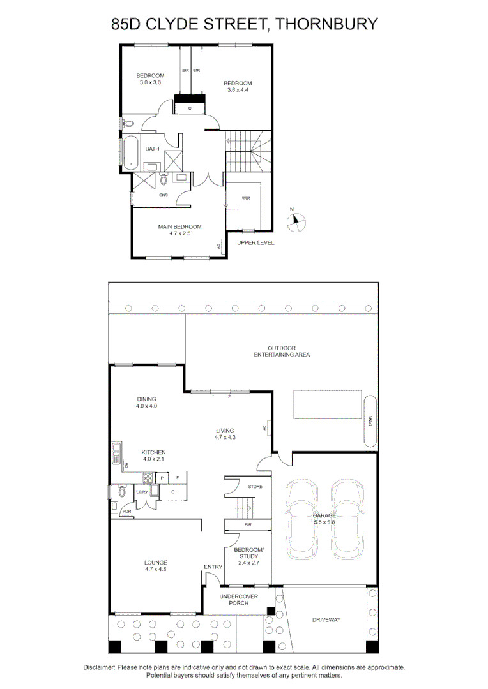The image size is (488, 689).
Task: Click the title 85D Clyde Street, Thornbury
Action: tap(244, 25)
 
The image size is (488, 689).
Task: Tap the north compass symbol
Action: tap(296, 221)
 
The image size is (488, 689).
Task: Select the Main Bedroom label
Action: tap(179, 226)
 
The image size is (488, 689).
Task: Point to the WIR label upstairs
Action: tap(246, 198)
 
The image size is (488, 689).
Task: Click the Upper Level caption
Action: tap(255, 243)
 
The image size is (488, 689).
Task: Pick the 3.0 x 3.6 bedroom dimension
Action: tap(150, 82)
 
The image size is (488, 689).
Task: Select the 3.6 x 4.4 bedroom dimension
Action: tap(237, 90)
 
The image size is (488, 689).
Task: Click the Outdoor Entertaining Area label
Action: tap(282, 351)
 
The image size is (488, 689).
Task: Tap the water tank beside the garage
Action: tap(370, 420)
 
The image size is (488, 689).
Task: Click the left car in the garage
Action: tap(303, 517)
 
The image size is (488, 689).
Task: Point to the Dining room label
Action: tap(146, 399)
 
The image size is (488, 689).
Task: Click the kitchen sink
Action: tap(116, 454)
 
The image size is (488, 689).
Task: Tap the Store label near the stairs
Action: tap(255, 487)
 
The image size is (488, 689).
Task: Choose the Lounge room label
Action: tap(155, 562)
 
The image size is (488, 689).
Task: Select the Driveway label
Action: tap(326, 619)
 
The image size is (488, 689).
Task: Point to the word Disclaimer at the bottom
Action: tap(99, 667)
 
